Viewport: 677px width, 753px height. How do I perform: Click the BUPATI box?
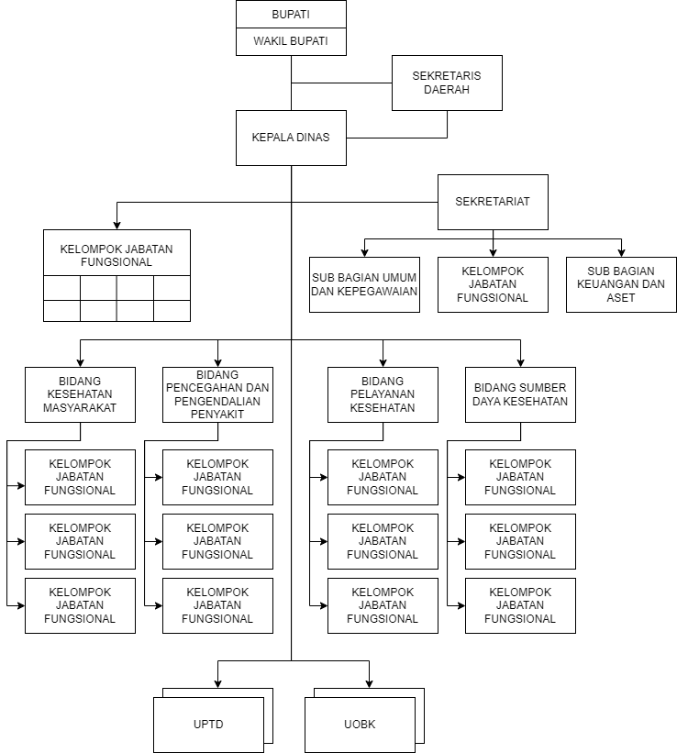291,15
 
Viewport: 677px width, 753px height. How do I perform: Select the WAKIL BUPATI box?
291,41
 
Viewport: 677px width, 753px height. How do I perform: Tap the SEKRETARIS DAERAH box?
447,83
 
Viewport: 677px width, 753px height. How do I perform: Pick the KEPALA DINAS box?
291,138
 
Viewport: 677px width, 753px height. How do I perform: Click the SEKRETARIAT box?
493,202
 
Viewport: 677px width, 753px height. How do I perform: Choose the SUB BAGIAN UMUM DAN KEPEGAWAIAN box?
364,284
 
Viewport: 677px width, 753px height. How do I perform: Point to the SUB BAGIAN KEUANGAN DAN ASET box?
621,284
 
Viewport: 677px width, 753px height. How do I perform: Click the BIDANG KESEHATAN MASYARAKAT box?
80,394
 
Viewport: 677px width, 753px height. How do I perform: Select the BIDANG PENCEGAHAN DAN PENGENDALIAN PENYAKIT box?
217,394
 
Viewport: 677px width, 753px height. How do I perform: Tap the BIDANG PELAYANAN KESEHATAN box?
383,394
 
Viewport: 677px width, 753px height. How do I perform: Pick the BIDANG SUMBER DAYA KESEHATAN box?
520,394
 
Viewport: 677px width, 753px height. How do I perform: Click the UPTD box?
208,725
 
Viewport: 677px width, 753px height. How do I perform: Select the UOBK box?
360,725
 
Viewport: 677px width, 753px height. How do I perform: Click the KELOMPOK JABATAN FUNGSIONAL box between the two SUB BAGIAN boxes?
493,284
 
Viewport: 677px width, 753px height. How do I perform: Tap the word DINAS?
312,138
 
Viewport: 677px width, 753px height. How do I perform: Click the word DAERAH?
447,90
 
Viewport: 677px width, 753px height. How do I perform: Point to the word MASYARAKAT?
80,408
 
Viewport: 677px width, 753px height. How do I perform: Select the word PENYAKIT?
217,415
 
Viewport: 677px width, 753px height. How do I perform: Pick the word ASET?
621,298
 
